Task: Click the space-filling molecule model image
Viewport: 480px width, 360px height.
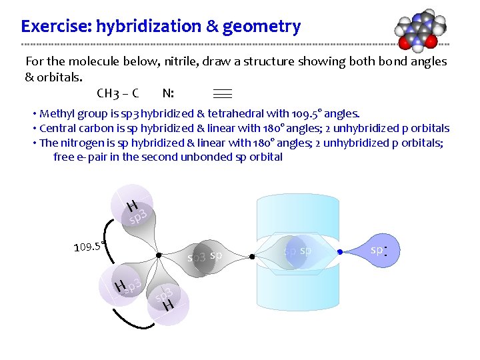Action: point(418,30)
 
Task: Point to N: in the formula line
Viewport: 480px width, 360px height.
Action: point(168,93)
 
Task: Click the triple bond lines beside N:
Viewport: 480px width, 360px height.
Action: point(222,93)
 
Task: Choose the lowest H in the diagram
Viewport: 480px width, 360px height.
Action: point(169,305)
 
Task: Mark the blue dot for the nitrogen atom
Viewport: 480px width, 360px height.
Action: point(339,252)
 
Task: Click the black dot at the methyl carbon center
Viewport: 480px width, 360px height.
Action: point(158,255)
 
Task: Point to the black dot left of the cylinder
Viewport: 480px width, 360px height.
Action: point(252,255)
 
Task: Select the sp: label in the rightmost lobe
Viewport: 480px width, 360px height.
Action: point(379,250)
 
